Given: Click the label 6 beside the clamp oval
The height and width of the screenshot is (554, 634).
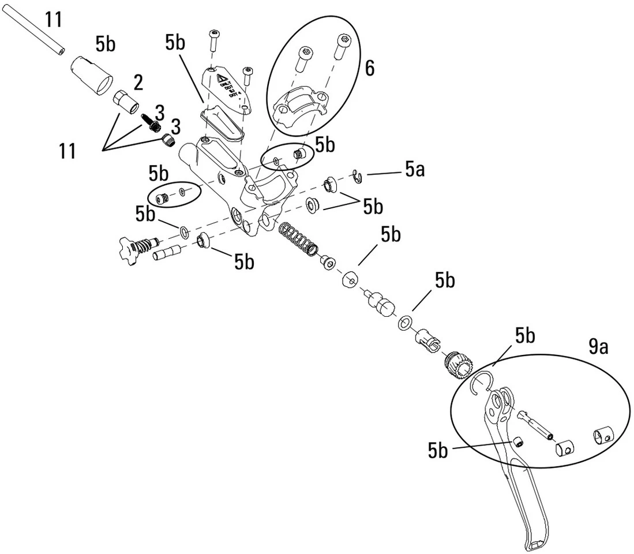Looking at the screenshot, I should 369,69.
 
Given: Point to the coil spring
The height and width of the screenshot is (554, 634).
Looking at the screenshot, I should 298,238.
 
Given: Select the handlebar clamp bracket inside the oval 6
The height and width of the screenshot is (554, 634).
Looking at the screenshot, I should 298,107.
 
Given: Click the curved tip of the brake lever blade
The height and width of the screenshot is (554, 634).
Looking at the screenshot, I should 534,540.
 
